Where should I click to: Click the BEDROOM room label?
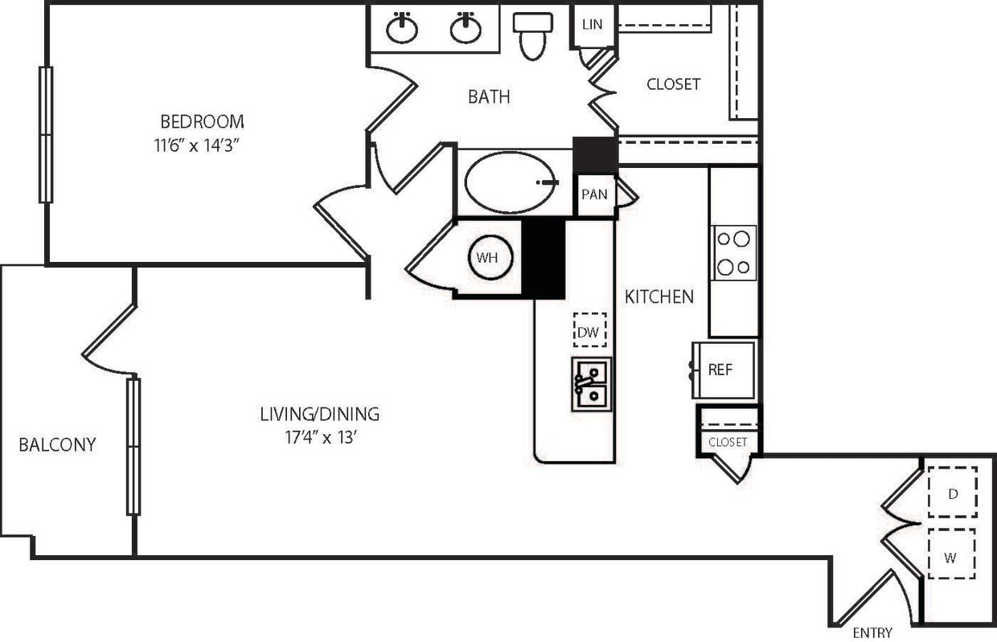202,122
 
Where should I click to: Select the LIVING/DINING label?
319,415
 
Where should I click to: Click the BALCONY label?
57,444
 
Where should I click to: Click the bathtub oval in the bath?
510,182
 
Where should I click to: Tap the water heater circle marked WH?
491,258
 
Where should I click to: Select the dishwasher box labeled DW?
590,330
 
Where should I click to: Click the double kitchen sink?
591,383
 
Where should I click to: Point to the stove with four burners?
733,252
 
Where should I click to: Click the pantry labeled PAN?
595,194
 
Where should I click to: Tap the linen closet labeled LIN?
592,24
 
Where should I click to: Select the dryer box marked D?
952,493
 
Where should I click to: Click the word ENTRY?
872,633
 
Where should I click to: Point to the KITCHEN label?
659,297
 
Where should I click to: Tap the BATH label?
489,97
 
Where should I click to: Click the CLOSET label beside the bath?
673,84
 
